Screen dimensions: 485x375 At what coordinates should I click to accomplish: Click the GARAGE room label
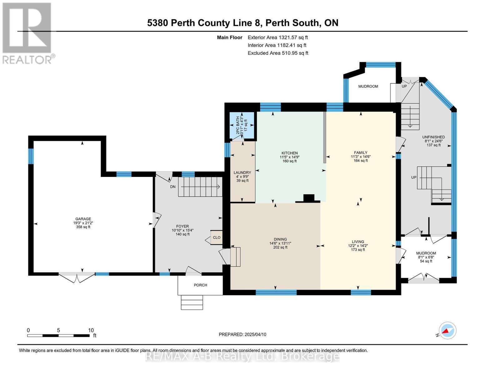[x=83, y=219]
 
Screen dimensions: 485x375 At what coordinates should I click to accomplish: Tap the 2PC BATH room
[x=242, y=125]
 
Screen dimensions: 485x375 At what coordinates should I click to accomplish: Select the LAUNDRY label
[x=242, y=172]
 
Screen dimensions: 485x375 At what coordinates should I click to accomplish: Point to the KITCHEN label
[x=290, y=153]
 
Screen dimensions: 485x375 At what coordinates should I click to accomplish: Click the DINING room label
[x=280, y=239]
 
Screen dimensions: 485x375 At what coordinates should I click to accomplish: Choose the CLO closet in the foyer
[x=216, y=237]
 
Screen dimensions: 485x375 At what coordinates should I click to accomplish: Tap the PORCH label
[x=200, y=285]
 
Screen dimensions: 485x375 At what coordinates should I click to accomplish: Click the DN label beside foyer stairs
[x=173, y=187]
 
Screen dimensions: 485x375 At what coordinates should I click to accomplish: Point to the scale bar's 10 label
[x=91, y=330]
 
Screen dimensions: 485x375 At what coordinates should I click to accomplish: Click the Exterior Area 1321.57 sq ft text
[x=278, y=37]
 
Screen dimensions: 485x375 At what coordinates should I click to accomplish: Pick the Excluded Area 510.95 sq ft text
[x=278, y=53]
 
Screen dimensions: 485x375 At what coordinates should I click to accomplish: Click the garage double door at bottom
[x=77, y=277]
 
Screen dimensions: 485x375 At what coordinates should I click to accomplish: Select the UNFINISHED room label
[x=433, y=137]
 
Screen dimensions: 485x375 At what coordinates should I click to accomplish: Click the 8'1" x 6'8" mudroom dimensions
[x=426, y=257]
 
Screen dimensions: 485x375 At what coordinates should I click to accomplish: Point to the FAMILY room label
[x=360, y=152]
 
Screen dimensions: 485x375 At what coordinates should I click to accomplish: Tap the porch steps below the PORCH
[x=192, y=302]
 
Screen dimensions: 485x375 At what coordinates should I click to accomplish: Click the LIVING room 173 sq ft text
[x=358, y=249]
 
